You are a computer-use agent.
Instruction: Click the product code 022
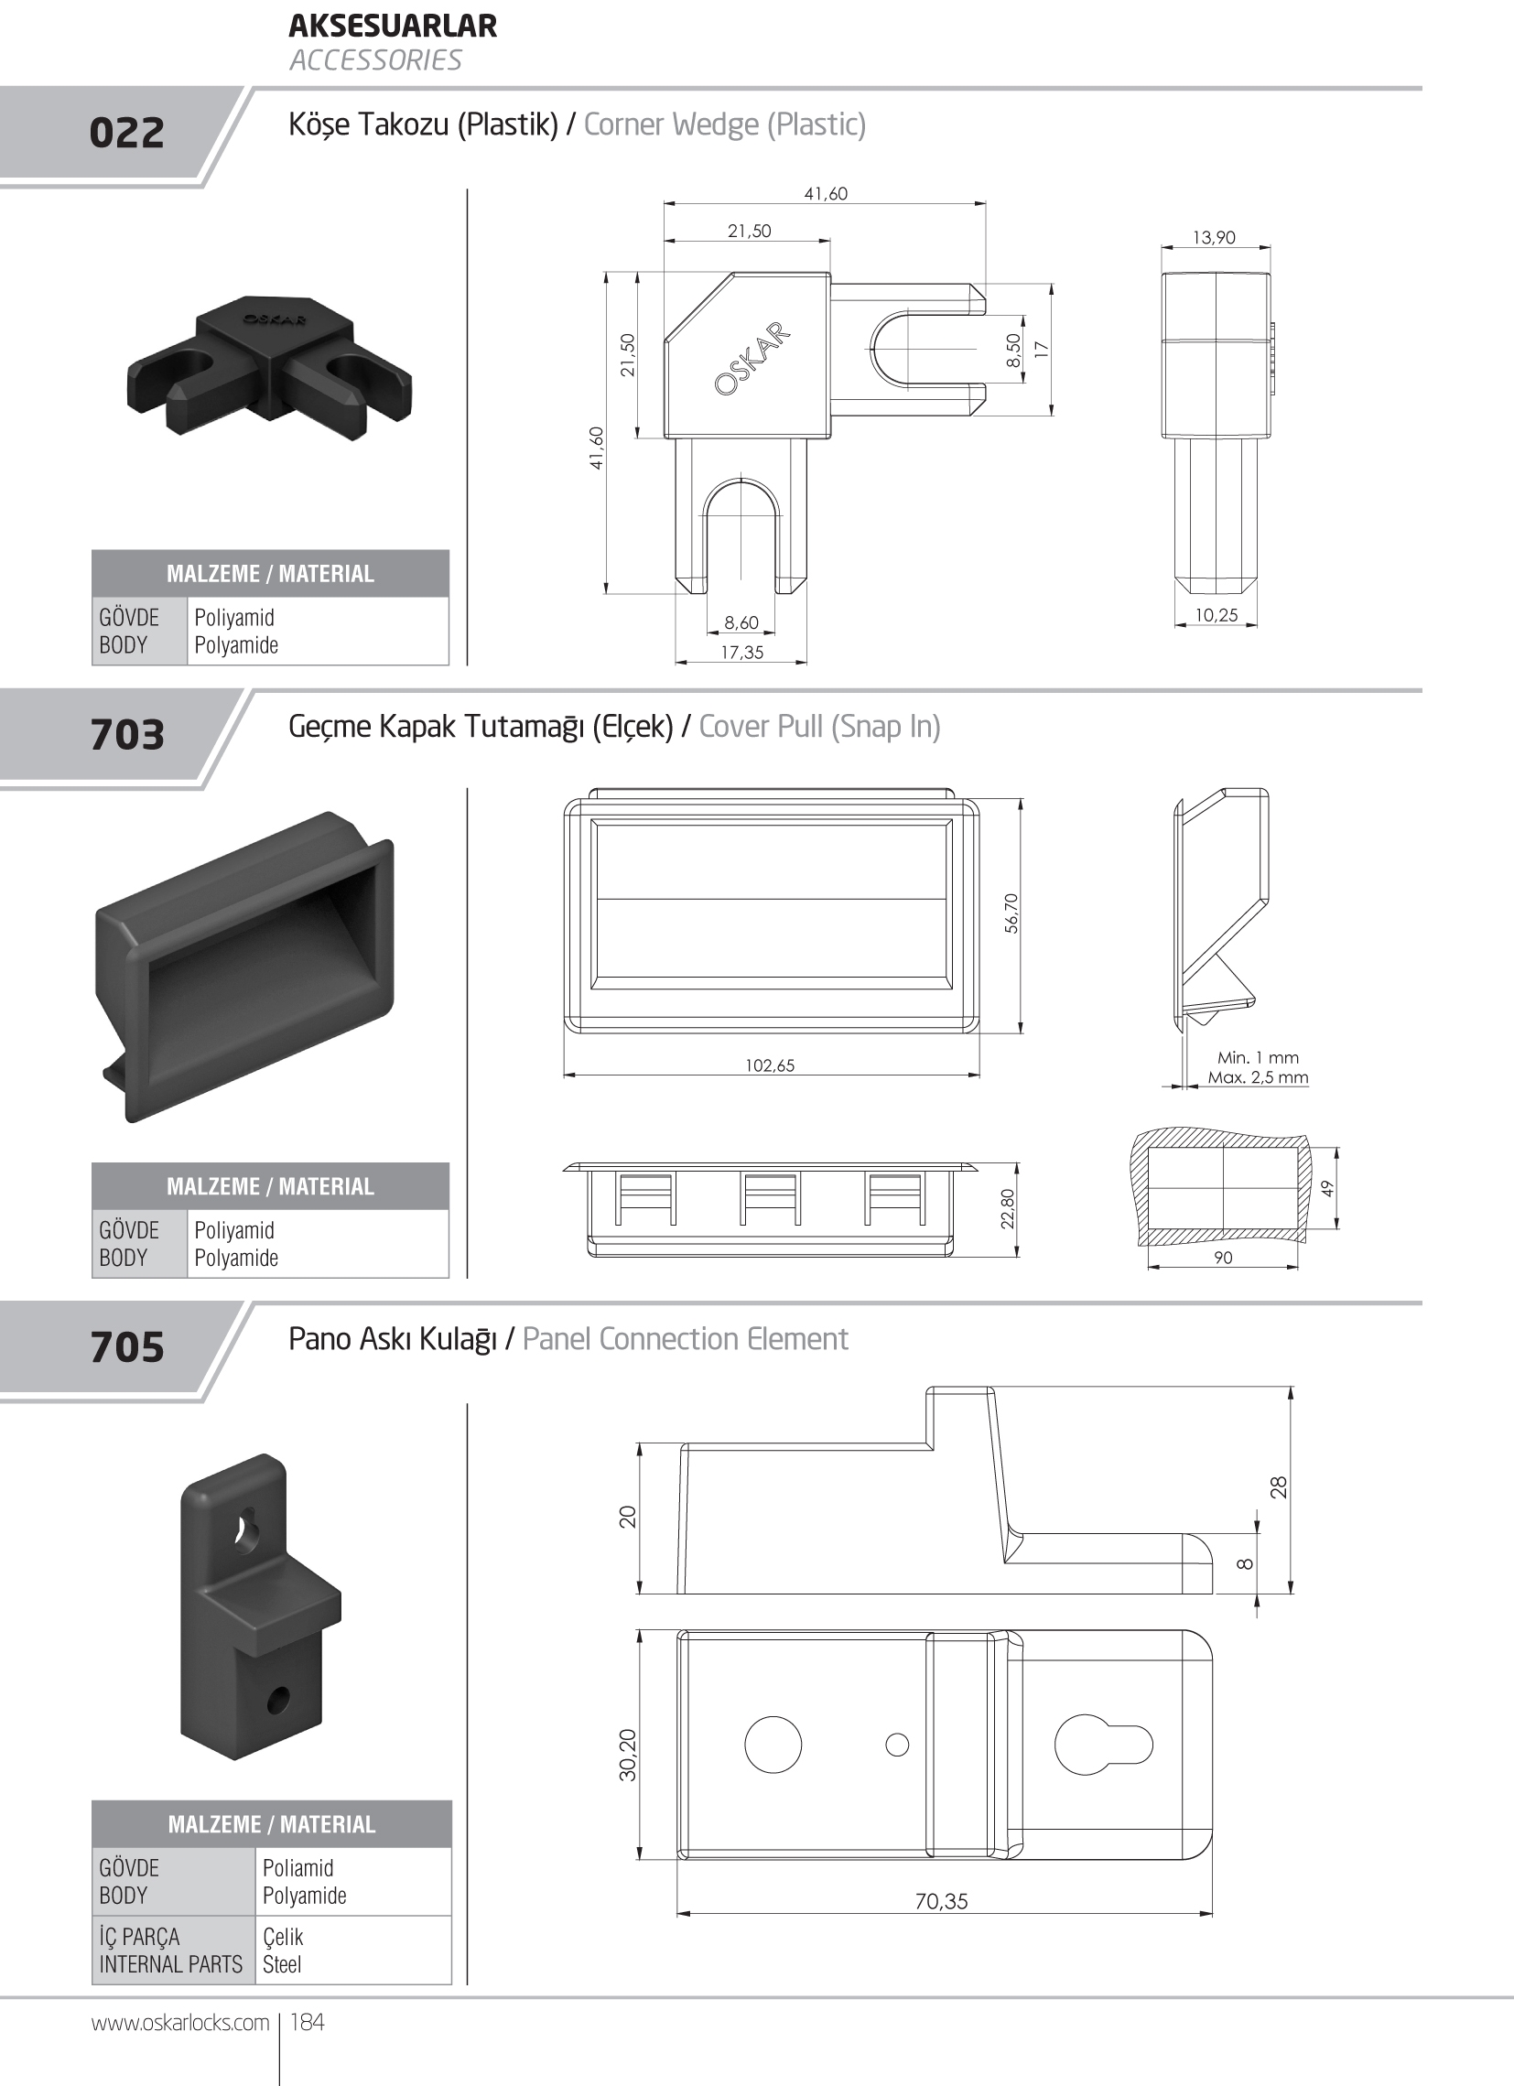(127, 133)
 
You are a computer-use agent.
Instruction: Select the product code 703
(127, 735)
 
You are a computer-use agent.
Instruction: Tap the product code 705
(127, 1347)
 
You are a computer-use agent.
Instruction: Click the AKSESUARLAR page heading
(393, 26)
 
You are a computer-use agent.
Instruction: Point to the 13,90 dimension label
(1214, 237)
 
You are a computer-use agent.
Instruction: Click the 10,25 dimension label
(1216, 615)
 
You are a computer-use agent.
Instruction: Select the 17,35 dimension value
(741, 652)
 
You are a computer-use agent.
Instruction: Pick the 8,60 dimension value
(741, 622)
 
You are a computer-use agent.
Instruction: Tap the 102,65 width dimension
(770, 1065)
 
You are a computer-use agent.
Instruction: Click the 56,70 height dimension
(1011, 913)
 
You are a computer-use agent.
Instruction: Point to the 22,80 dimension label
(1008, 1208)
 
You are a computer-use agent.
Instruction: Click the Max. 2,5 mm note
(1258, 1077)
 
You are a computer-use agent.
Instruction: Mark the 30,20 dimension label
(627, 1755)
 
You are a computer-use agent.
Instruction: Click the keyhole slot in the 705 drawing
(1103, 1745)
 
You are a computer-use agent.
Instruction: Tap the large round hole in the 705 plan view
(773, 1745)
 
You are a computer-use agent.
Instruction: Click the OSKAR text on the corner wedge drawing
(752, 359)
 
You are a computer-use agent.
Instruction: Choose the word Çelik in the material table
(283, 1936)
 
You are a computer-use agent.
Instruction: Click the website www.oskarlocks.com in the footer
(180, 2023)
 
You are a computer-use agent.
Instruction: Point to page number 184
(308, 2022)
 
